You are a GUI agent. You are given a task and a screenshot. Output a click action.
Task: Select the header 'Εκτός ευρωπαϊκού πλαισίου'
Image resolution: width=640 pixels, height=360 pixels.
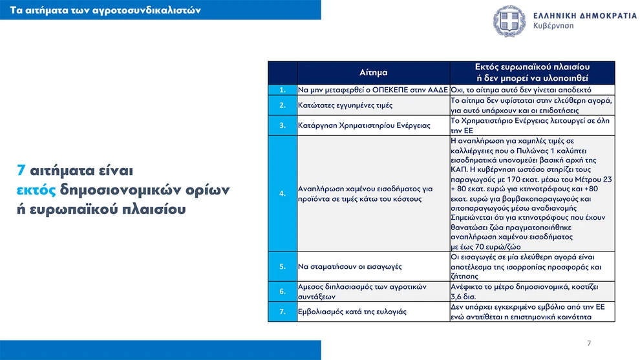click(x=532, y=67)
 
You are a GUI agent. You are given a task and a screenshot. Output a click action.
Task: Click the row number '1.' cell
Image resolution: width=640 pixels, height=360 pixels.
click(x=283, y=90)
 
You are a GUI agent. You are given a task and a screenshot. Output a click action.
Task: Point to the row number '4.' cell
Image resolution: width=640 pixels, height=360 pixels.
click(x=283, y=193)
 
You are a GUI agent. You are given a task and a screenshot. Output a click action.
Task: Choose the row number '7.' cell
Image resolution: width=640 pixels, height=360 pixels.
click(x=283, y=312)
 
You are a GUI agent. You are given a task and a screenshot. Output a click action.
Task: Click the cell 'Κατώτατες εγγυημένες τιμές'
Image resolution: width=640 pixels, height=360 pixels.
click(x=336, y=105)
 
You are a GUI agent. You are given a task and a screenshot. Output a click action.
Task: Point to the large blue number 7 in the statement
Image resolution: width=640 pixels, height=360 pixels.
click(x=21, y=171)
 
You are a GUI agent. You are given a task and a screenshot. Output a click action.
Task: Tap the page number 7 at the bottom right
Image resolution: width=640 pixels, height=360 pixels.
click(x=588, y=343)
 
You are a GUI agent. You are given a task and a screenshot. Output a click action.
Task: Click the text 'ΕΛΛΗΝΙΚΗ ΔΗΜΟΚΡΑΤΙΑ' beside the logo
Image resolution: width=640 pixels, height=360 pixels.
click(x=585, y=15)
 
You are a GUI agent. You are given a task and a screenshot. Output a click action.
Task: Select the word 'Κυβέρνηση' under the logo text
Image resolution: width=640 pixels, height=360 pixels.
click(x=554, y=27)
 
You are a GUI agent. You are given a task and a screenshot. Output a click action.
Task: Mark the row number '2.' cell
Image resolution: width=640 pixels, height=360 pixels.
click(x=283, y=105)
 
